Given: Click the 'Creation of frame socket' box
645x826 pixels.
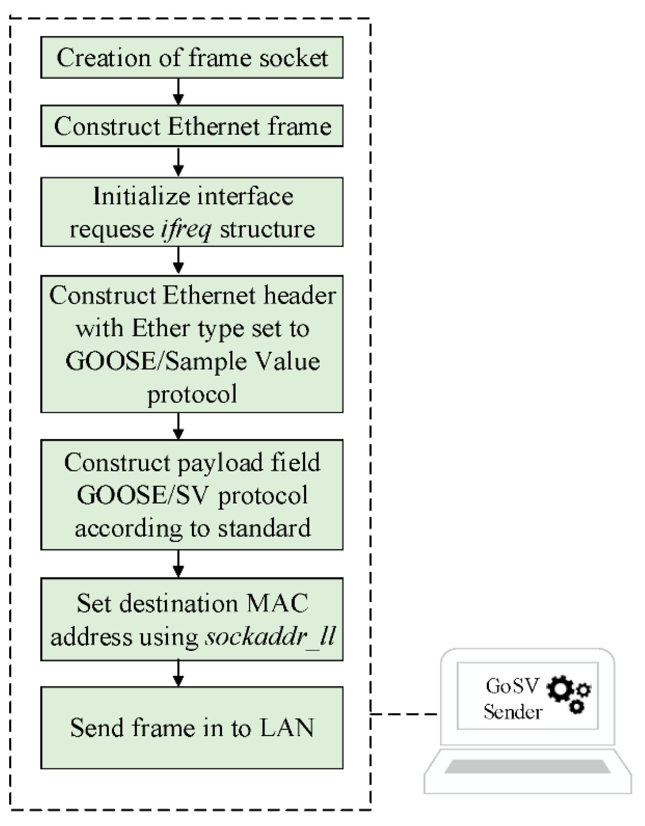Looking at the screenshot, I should pyautogui.click(x=192, y=57).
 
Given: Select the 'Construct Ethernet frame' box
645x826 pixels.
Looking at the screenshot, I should pyautogui.click(x=192, y=126).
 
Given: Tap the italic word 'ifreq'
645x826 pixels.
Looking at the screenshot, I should pyautogui.click(x=186, y=230).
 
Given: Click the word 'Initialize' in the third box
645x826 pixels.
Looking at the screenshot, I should pyautogui.click(x=141, y=196).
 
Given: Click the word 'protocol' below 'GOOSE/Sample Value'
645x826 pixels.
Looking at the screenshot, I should pyautogui.click(x=192, y=394).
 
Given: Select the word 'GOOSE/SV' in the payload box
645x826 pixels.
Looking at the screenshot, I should pyautogui.click(x=143, y=495).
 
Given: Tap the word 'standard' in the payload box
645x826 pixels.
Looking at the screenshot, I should pyautogui.click(x=264, y=528).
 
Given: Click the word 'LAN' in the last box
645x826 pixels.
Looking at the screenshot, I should pyautogui.click(x=287, y=727).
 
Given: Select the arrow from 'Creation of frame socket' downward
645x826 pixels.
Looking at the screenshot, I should pyautogui.click(x=178, y=92).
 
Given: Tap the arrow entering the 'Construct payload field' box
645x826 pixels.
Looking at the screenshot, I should pyautogui.click(x=178, y=426).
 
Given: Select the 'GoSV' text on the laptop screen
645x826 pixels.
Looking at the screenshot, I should pyautogui.click(x=512, y=686).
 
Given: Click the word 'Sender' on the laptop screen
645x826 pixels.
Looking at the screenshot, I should pyautogui.click(x=513, y=712).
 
